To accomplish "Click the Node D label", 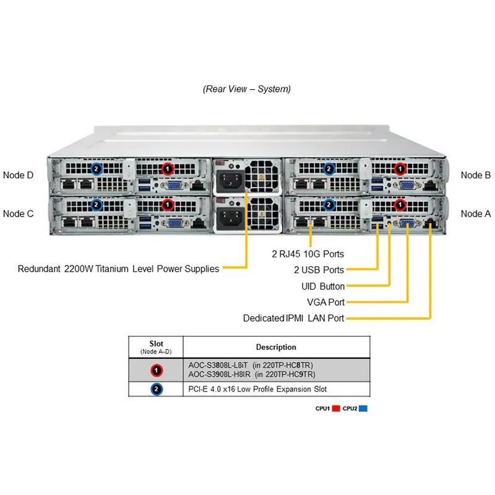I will (x=19, y=175).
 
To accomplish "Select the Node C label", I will (x=19, y=213).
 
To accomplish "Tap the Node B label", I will (x=476, y=175).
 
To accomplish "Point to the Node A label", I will (x=476, y=213).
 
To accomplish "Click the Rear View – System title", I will (x=247, y=89).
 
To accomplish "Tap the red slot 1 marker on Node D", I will (x=166, y=168).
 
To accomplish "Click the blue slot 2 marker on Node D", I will (x=96, y=168).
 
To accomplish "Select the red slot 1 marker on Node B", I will (x=400, y=168).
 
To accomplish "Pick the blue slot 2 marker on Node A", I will (x=330, y=204).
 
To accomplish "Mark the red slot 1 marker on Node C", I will (x=166, y=204).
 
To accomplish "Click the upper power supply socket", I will (x=228, y=181).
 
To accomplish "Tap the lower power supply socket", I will (x=228, y=217).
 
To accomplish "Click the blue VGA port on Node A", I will (x=408, y=224).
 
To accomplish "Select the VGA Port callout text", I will (x=326, y=302).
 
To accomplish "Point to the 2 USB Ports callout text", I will (x=319, y=270).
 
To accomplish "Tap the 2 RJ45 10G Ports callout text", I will (x=308, y=254).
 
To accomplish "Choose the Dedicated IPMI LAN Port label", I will (x=293, y=318).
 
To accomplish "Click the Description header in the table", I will (x=276, y=347).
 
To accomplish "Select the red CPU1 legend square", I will (x=337, y=408).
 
